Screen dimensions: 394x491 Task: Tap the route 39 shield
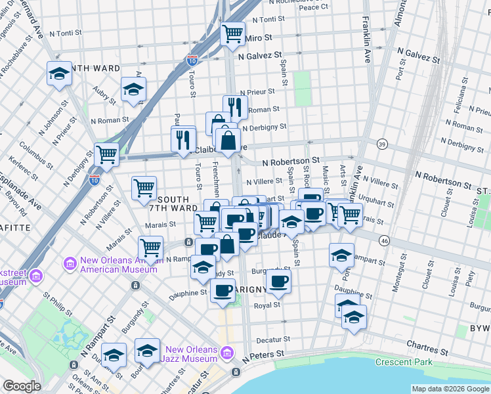click(x=382, y=143)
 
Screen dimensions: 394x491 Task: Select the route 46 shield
click(x=385, y=241)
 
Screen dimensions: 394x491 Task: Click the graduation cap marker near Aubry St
click(x=133, y=89)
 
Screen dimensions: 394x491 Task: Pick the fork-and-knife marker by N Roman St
click(x=234, y=106)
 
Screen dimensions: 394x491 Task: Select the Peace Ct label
click(x=313, y=7)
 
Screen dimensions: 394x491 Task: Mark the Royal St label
click(x=267, y=305)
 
